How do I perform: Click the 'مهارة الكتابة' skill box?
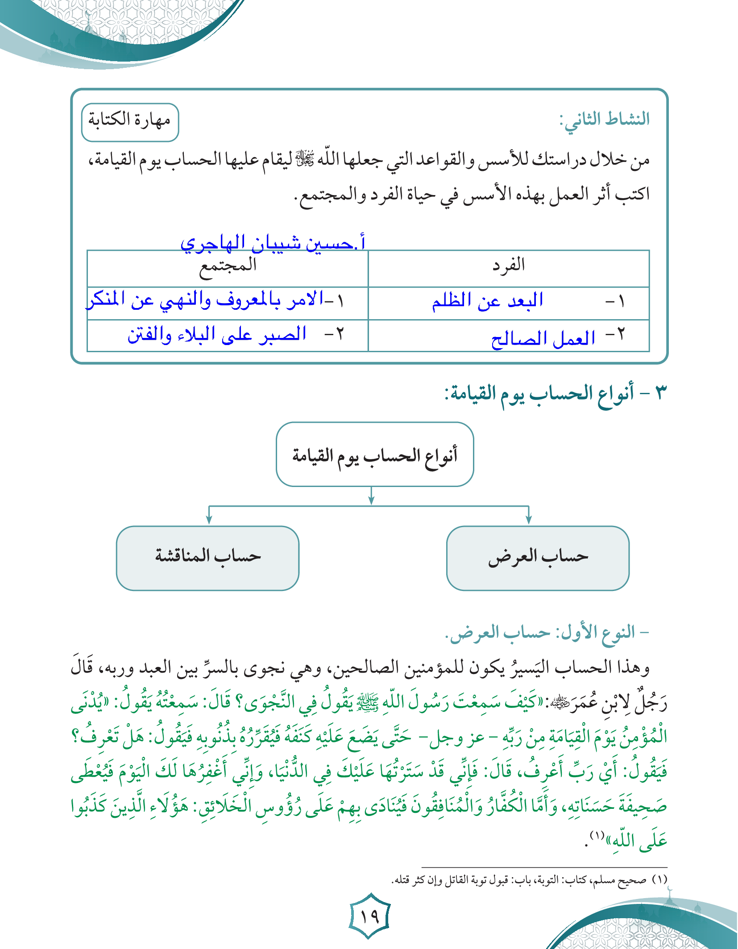(130, 122)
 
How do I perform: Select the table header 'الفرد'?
(509, 266)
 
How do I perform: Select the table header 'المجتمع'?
(228, 266)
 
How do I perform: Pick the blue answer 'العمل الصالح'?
(543, 339)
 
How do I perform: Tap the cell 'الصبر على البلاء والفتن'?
(217, 334)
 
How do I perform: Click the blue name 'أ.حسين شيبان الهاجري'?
(273, 242)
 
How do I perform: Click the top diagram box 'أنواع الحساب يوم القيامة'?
(375, 455)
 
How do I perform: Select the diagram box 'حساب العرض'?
(538, 558)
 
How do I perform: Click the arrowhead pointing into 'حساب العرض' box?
(529, 520)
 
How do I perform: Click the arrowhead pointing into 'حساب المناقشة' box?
(209, 520)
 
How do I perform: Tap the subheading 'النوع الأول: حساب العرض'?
(547, 633)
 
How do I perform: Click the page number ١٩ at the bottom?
(369, 917)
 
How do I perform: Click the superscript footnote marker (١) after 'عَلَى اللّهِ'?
(597, 835)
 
